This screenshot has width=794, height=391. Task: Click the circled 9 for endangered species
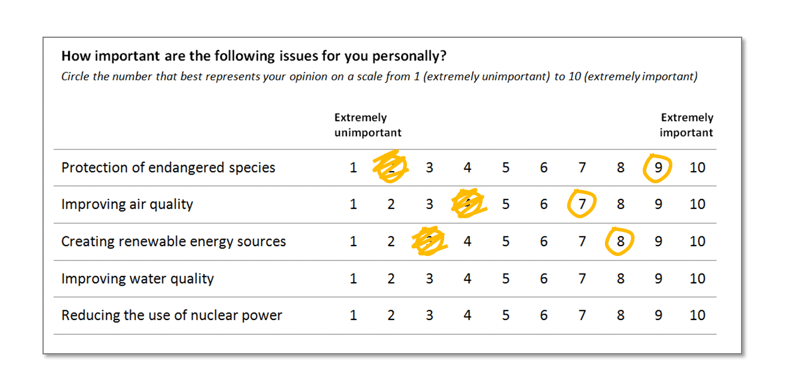pyautogui.click(x=658, y=168)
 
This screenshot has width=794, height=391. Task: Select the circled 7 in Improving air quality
pyautogui.click(x=582, y=204)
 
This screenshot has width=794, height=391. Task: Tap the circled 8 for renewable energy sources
pyautogui.click(x=620, y=241)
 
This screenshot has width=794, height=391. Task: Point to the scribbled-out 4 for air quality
pyautogui.click(x=469, y=204)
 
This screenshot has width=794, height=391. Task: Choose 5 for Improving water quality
pyautogui.click(x=505, y=279)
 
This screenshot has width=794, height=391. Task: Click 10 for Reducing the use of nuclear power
pyautogui.click(x=697, y=315)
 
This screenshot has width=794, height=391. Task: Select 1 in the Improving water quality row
pyautogui.click(x=353, y=279)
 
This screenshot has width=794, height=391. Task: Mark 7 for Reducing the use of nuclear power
pyautogui.click(x=582, y=315)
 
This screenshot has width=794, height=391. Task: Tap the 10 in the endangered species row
pyautogui.click(x=697, y=168)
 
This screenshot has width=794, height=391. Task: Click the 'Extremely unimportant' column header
pyautogui.click(x=367, y=125)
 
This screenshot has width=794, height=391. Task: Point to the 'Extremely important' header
pyautogui.click(x=686, y=125)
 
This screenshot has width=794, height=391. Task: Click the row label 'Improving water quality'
pyautogui.click(x=137, y=279)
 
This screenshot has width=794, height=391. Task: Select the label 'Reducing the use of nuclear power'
pyautogui.click(x=172, y=315)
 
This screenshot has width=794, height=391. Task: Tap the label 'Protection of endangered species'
pyautogui.click(x=168, y=168)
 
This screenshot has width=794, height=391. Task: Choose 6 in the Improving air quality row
pyautogui.click(x=543, y=204)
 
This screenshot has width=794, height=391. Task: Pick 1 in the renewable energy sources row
pyautogui.click(x=353, y=241)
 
